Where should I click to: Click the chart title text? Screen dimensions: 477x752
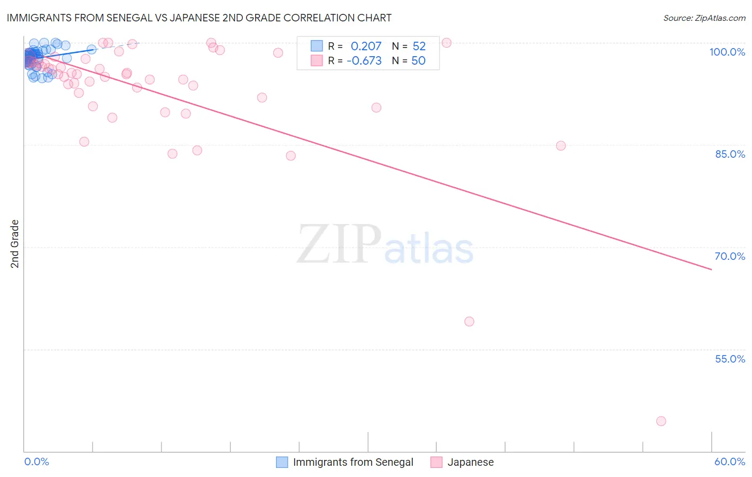(199, 18)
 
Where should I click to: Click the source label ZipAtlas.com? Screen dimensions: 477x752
(704, 18)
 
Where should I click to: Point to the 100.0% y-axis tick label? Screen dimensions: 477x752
(727, 52)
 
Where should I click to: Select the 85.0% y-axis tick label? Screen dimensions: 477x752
(730, 154)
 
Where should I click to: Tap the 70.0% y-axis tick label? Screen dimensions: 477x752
(730, 256)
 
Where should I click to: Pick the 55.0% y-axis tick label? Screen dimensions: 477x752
(730, 359)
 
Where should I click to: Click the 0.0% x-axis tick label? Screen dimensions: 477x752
(36, 461)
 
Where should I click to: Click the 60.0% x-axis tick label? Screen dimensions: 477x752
(730, 461)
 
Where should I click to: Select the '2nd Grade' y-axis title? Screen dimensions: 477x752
(15, 244)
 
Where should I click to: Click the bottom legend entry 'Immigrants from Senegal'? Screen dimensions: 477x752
(353, 462)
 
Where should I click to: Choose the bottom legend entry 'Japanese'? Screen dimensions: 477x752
(470, 462)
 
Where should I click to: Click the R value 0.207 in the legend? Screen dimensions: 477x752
(366, 47)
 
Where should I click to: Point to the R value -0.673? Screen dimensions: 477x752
(364, 61)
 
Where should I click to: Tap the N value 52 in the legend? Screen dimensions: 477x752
(419, 47)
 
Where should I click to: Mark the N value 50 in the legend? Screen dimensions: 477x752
(418, 61)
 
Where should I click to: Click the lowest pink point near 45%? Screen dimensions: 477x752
(661, 421)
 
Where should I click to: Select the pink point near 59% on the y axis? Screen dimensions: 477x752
(469, 321)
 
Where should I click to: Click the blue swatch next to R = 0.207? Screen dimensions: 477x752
(317, 46)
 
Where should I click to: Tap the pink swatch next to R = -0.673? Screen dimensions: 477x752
(317, 60)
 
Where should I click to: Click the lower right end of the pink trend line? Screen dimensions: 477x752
(711, 270)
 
